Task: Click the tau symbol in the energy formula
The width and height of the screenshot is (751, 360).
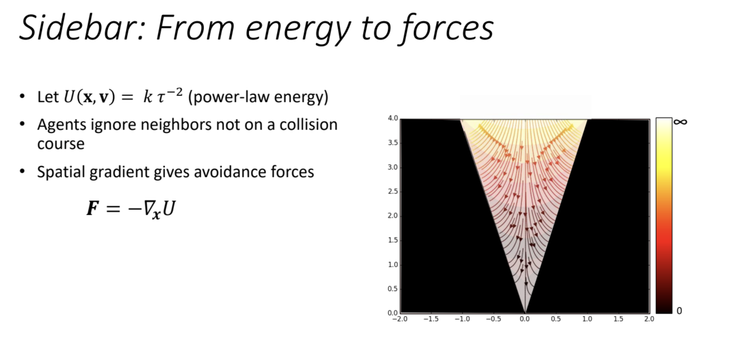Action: tap(161, 97)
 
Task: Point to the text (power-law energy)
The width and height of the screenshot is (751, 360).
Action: tap(258, 97)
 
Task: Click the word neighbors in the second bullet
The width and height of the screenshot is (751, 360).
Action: tap(176, 124)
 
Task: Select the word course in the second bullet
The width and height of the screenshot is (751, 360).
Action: tap(61, 144)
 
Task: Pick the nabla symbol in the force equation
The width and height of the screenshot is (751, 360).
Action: tap(148, 209)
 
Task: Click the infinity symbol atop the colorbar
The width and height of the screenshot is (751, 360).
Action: tap(680, 122)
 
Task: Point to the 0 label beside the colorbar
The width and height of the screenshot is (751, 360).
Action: tap(679, 311)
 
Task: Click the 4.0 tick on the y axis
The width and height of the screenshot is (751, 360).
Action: tap(393, 118)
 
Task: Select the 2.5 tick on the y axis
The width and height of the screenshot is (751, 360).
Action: tap(393, 191)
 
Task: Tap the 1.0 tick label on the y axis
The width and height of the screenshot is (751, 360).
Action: tap(393, 265)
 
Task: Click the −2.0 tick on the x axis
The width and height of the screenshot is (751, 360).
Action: tap(400, 319)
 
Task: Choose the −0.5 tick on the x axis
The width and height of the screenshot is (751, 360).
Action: tap(494, 319)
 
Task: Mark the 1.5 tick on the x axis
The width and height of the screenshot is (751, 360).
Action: tap(618, 319)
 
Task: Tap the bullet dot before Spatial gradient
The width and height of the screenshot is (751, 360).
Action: tap(22, 171)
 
